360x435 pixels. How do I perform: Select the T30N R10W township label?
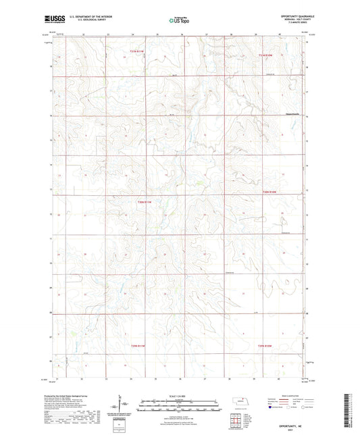269,193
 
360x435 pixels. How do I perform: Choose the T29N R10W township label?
267,346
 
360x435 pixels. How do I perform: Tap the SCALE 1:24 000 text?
180,396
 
